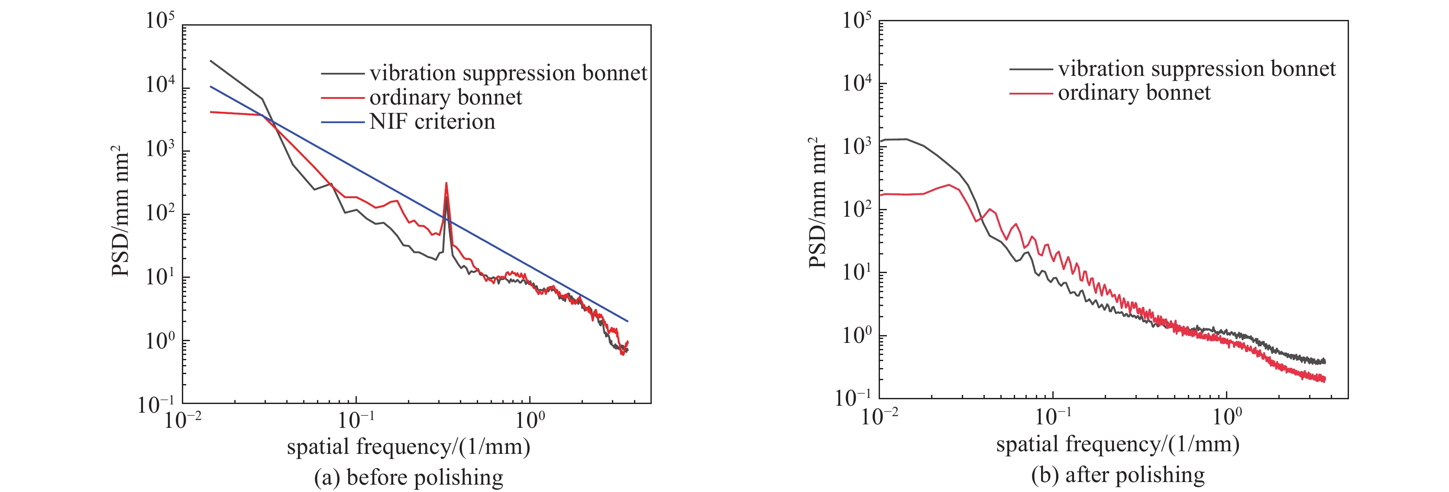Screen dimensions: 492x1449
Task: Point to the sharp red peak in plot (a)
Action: (x=446, y=184)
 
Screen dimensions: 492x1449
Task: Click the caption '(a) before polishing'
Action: (x=408, y=477)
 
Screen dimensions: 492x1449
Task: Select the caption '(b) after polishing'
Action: (x=1118, y=475)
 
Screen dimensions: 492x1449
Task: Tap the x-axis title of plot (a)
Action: (x=408, y=447)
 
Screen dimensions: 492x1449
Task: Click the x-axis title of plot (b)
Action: (x=1118, y=445)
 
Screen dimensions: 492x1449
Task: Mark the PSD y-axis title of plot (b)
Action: (x=817, y=203)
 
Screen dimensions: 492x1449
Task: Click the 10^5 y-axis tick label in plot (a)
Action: (x=160, y=21)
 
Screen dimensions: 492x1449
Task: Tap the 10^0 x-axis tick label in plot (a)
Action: (x=529, y=419)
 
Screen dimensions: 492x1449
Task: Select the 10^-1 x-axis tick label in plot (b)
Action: (x=1052, y=417)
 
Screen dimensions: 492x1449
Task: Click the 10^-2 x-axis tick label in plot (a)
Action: (x=183, y=419)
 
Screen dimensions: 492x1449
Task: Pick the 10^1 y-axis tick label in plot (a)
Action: (x=160, y=277)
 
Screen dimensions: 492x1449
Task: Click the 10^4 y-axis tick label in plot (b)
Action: (x=856, y=83)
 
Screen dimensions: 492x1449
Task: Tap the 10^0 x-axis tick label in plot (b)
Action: (x=1226, y=417)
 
